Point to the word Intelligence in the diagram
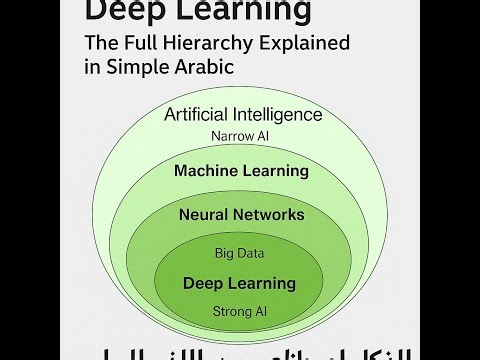pyautogui.click(x=280, y=114)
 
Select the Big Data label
pyautogui.click(x=240, y=253)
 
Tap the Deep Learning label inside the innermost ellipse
pyautogui.click(x=240, y=283)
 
